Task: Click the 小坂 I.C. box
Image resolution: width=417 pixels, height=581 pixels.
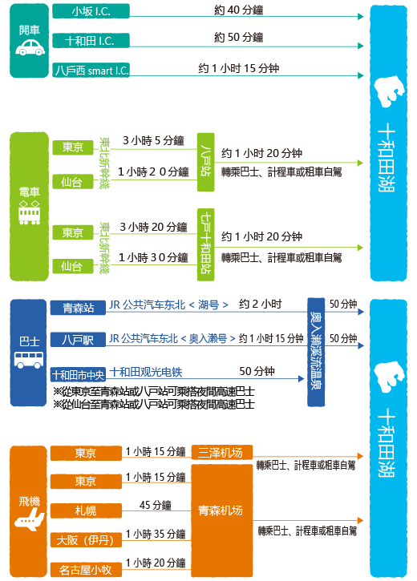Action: [x=91, y=11]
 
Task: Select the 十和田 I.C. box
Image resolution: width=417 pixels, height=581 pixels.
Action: [x=91, y=40]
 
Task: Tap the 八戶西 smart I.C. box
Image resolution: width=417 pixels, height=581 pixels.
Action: [x=91, y=70]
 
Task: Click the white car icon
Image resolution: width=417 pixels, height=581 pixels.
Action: [x=30, y=47]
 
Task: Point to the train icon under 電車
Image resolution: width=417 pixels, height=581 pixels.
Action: [x=30, y=212]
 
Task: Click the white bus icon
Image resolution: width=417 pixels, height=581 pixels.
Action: [x=29, y=360]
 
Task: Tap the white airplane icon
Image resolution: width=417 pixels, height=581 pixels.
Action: [x=29, y=519]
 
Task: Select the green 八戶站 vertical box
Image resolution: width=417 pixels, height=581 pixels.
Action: [x=206, y=162]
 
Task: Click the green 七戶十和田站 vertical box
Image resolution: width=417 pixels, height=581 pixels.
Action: [x=206, y=244]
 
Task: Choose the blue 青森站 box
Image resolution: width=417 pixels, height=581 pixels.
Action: [x=78, y=308]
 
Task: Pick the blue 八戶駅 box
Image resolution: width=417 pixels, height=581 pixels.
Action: [x=78, y=340]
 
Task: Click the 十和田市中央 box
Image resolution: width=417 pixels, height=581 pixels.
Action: [x=78, y=375]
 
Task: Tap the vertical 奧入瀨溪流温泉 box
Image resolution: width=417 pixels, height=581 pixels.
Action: [x=316, y=352]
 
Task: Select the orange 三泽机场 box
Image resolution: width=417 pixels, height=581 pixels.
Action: [x=221, y=453]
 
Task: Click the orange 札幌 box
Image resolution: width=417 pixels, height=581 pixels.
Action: [x=86, y=510]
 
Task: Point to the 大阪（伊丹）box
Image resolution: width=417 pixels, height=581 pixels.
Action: [x=86, y=540]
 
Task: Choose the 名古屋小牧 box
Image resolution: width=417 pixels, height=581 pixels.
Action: [x=86, y=570]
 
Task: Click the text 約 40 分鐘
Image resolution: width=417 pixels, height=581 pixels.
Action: [x=239, y=10]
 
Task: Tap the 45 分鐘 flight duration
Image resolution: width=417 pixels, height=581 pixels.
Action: [x=156, y=505]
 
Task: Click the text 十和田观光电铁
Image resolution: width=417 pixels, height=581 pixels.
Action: [x=146, y=372]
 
